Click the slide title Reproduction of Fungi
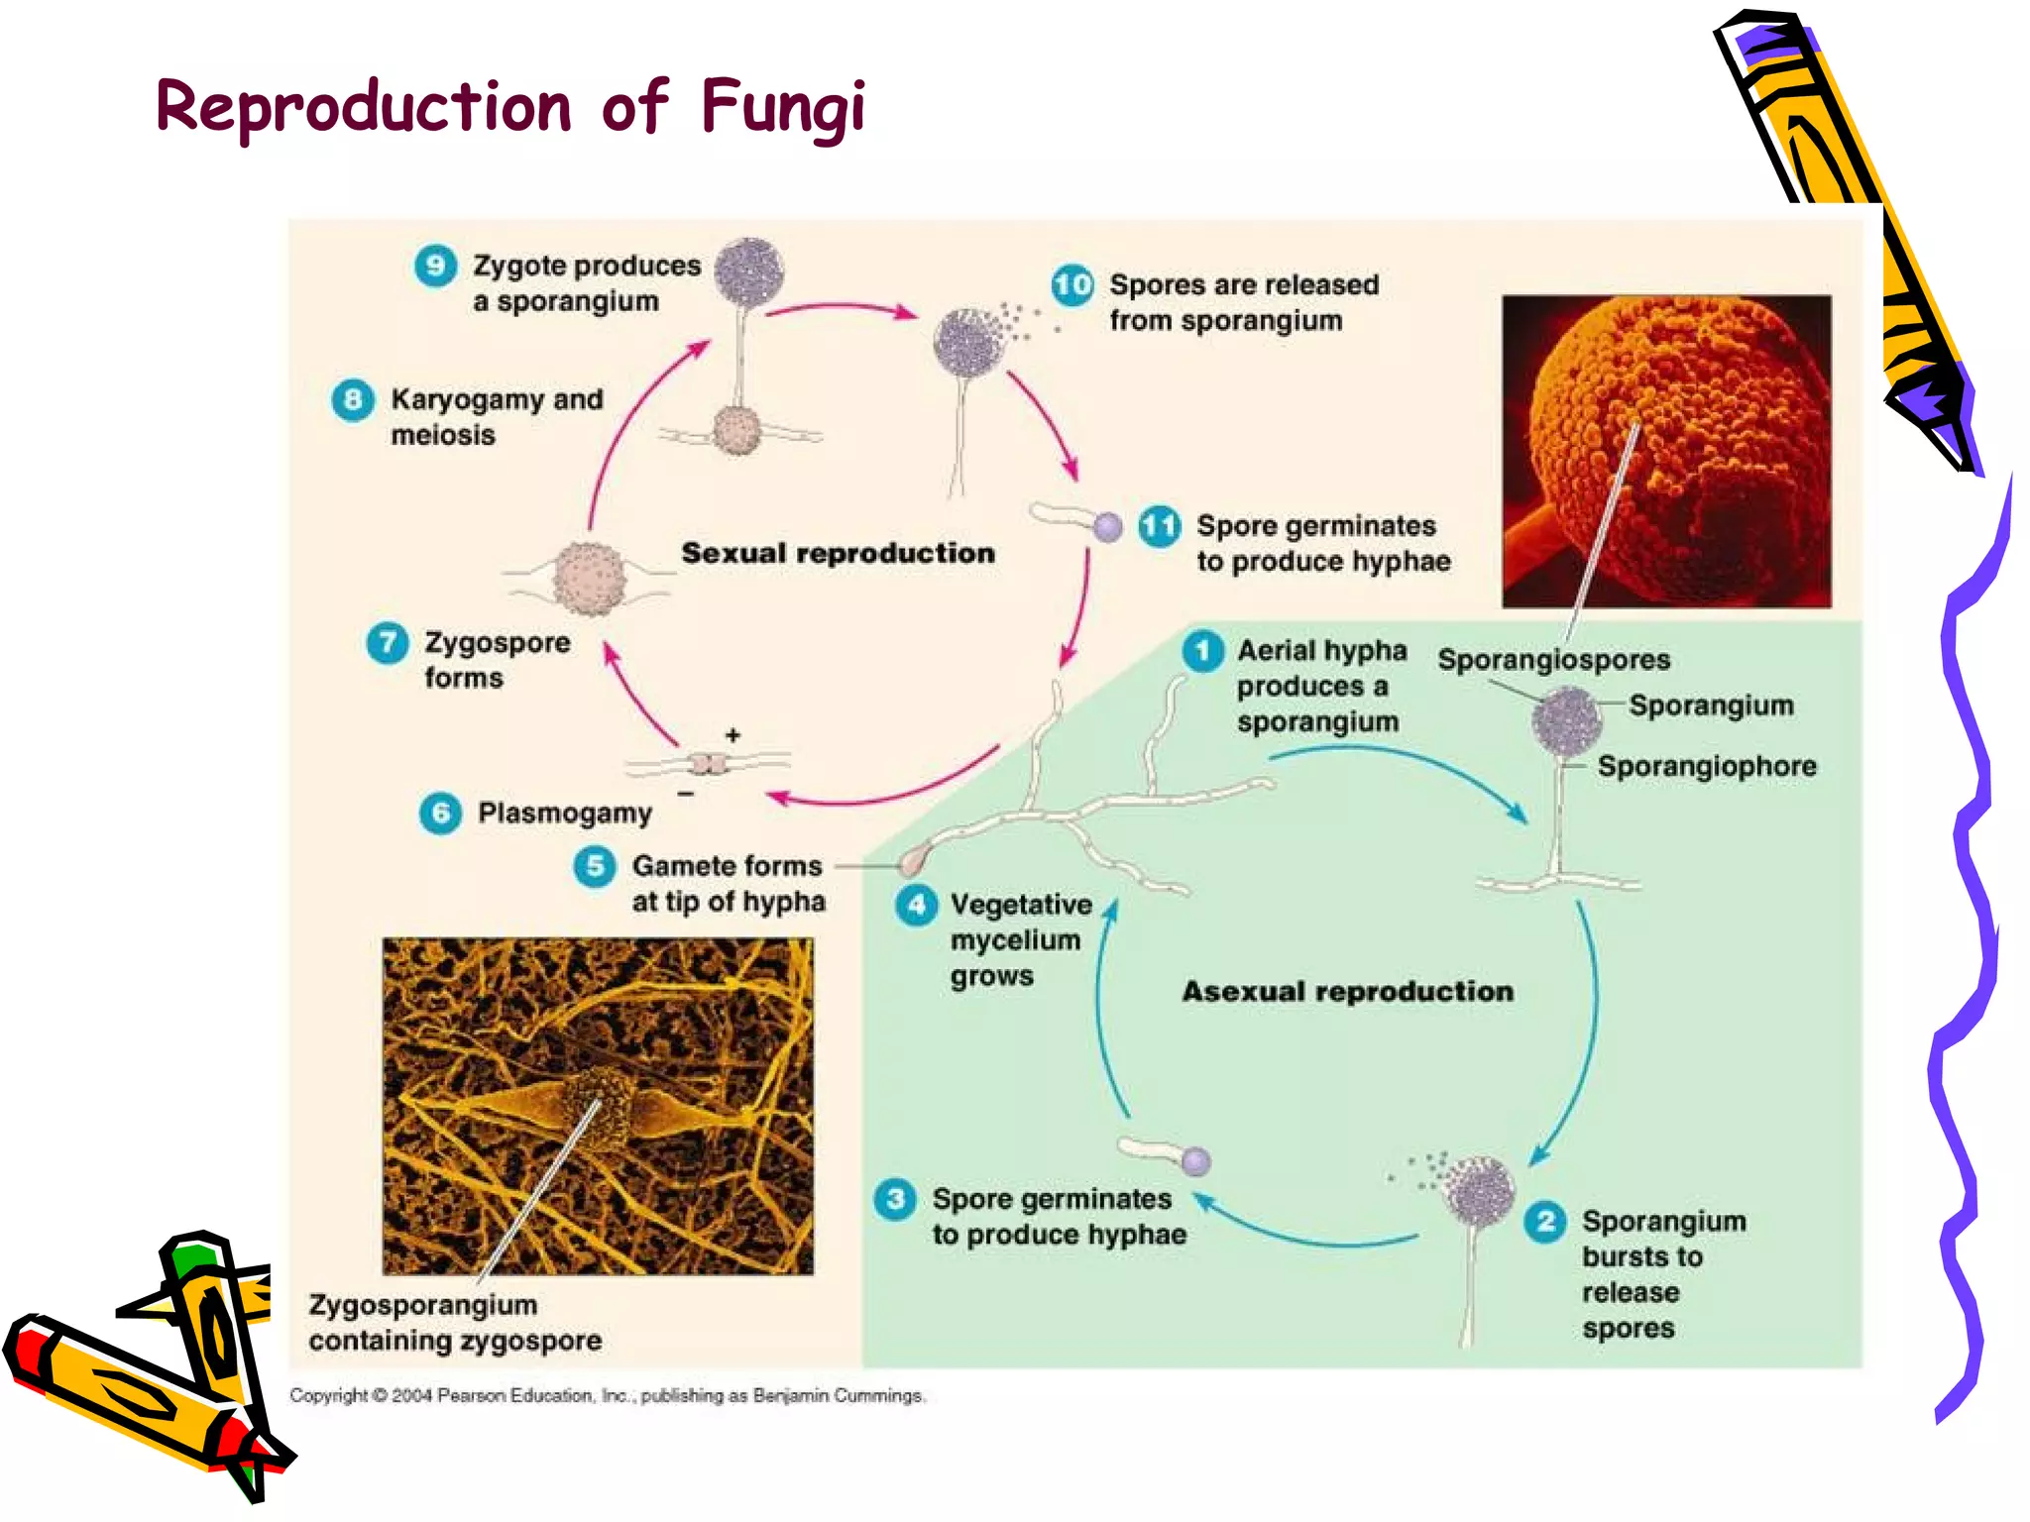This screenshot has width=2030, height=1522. click(510, 107)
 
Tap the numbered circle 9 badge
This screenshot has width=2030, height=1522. click(435, 266)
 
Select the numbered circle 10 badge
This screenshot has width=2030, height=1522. click(1072, 285)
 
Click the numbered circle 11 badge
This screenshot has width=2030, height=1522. click(1159, 526)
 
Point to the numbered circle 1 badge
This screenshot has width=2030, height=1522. click(1202, 651)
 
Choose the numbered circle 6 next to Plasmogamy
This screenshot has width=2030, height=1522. click(440, 814)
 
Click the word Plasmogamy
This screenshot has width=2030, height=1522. click(565, 814)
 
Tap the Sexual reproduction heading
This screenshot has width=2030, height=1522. click(838, 553)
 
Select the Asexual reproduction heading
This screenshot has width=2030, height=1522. click(1347, 991)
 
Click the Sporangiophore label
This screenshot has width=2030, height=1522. click(1707, 766)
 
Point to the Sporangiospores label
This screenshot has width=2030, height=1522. click(1553, 660)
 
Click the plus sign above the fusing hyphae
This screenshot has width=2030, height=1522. click(733, 735)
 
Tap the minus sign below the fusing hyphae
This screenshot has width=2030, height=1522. click(686, 794)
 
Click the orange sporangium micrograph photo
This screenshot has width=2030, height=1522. click(1666, 451)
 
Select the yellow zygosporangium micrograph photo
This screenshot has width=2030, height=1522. click(598, 1105)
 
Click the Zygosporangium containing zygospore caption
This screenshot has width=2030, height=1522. click(455, 1323)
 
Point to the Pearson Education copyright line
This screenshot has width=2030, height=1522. click(607, 1395)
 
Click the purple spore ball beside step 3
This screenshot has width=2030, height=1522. click(1196, 1161)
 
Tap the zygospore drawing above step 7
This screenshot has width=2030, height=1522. click(590, 579)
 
